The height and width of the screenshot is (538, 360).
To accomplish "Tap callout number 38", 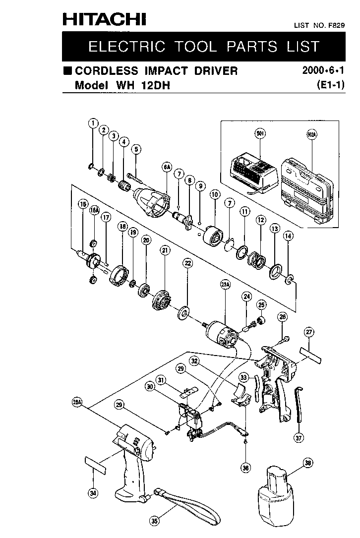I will [x=308, y=464].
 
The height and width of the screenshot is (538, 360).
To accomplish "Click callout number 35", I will [x=155, y=521].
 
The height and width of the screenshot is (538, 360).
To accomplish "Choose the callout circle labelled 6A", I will [x=166, y=168].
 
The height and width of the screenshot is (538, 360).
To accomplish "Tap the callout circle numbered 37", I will [x=298, y=438].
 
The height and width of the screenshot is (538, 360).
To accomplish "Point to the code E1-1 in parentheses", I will [x=330, y=85].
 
